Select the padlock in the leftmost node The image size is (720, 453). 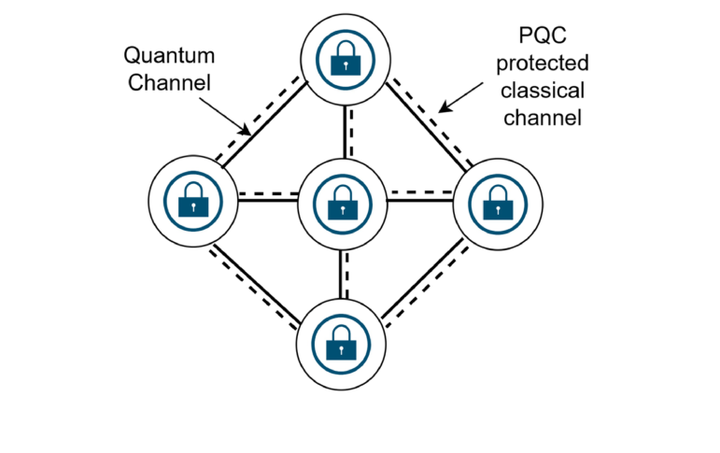pyautogui.click(x=193, y=198)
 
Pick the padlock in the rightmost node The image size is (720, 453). pyautogui.click(x=495, y=201)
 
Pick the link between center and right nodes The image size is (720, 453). pyautogui.click(x=418, y=196)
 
